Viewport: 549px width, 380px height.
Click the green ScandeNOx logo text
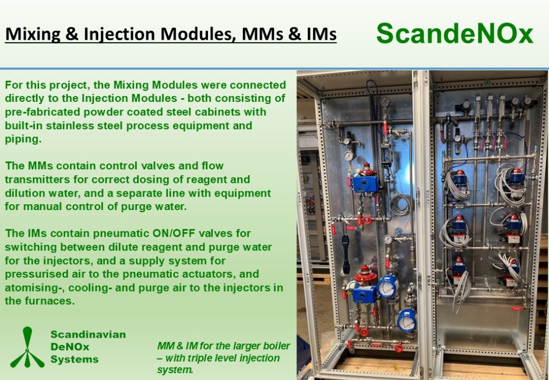(455, 34)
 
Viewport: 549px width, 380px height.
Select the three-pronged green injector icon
(27, 347)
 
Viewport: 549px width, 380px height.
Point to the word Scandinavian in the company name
(88, 334)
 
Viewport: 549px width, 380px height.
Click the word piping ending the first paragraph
(23, 139)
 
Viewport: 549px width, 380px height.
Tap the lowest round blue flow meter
(407, 320)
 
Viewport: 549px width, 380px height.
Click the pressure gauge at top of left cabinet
(385, 102)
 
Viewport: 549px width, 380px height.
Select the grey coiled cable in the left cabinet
(399, 204)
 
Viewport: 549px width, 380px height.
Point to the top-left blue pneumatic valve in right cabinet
(459, 178)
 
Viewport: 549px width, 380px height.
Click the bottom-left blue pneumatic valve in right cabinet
(458, 270)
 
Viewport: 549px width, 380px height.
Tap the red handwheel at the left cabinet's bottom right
(398, 348)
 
